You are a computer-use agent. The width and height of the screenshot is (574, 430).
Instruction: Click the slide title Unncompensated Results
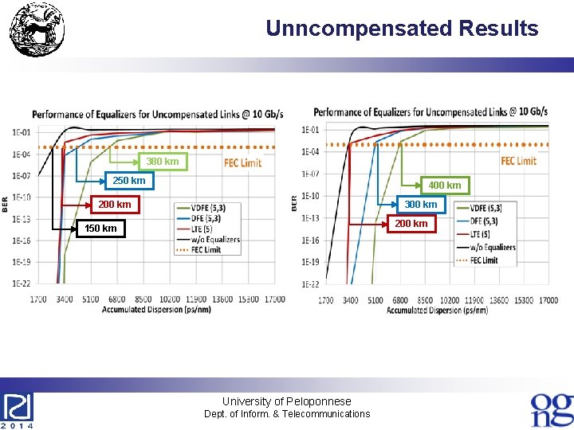click(402, 29)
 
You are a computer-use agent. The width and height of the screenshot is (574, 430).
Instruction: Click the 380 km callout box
click(162, 162)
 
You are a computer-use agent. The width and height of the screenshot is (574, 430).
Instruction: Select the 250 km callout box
click(128, 181)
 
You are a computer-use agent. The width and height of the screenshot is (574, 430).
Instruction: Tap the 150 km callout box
click(100, 229)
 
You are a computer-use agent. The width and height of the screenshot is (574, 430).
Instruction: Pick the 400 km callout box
click(444, 186)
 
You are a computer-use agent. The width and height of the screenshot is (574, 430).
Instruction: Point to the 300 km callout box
click(420, 205)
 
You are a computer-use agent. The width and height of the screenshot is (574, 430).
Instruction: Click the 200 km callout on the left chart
click(114, 205)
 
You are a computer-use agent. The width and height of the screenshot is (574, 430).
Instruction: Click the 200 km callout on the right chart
click(411, 224)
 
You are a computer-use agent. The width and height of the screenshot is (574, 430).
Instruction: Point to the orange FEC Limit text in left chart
click(242, 163)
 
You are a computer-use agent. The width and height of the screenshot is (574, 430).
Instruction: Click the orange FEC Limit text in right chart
click(518, 161)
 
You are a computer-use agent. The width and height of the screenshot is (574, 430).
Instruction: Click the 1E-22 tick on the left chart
click(22, 283)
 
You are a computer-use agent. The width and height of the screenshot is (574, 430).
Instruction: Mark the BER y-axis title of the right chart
click(296, 203)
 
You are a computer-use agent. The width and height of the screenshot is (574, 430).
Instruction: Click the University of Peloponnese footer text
click(286, 401)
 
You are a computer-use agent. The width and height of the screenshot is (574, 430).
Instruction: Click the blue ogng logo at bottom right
click(552, 408)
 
